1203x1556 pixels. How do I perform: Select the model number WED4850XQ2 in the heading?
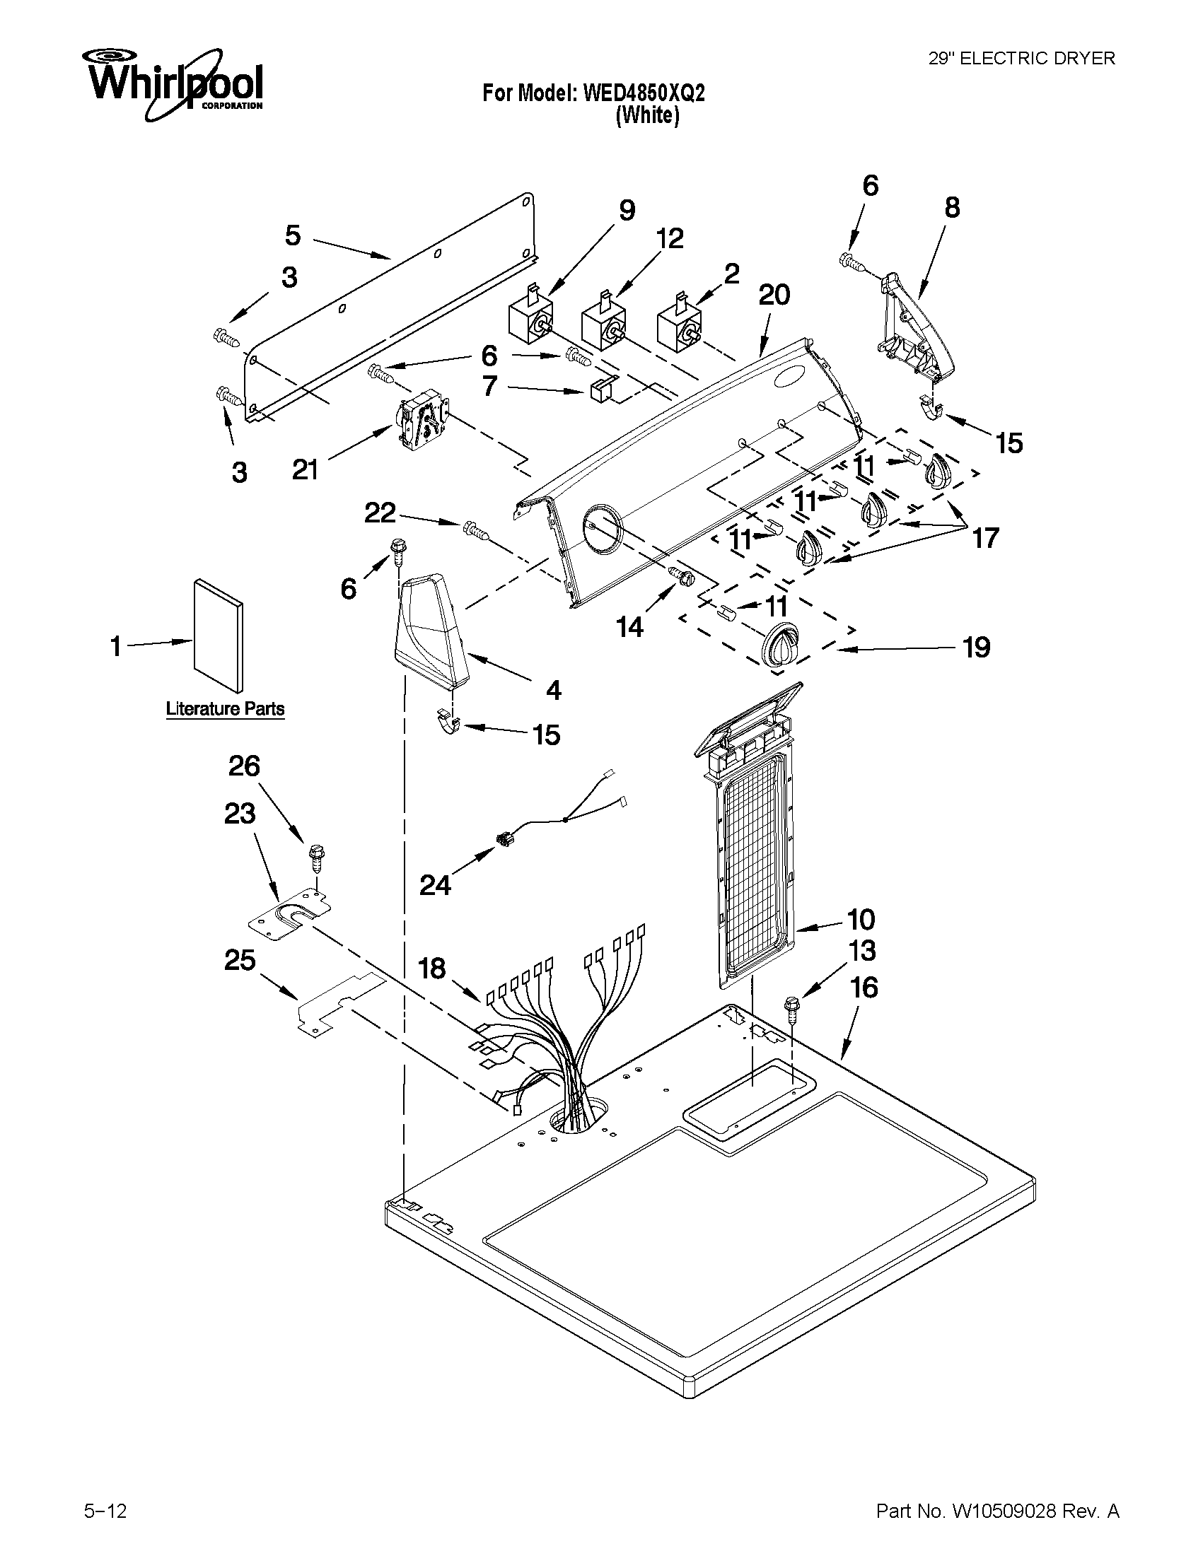tap(644, 93)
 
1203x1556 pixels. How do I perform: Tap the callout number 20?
tap(774, 295)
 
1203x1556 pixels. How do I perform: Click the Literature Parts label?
tap(225, 709)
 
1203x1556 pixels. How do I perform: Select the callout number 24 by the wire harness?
tap(435, 885)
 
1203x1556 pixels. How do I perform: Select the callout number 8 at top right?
tap(952, 207)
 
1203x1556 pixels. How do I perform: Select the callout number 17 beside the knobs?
tap(986, 538)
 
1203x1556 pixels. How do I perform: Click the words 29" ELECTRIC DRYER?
tap(1021, 59)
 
